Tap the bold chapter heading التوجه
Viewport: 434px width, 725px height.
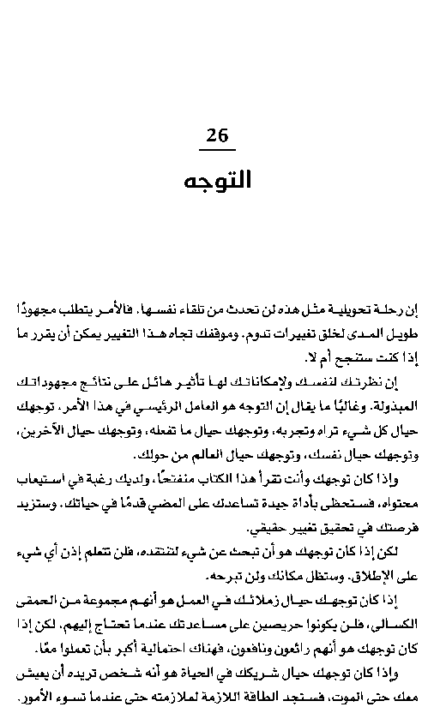pyautogui.click(x=218, y=181)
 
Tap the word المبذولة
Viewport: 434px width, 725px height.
pyautogui.click(x=394, y=404)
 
